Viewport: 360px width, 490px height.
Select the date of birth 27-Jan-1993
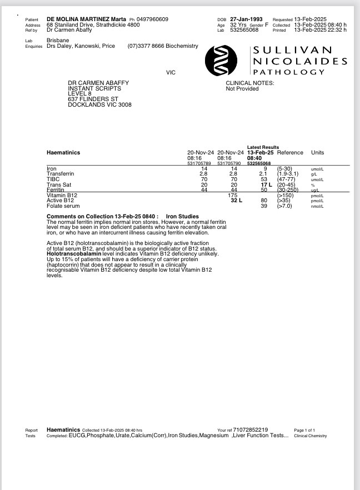click(246, 19)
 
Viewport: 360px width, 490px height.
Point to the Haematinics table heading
click(63, 153)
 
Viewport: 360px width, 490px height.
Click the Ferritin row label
click(56, 190)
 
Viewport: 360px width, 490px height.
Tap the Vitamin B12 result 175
click(233, 196)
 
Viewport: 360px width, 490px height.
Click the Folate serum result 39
click(264, 206)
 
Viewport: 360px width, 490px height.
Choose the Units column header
click(318, 153)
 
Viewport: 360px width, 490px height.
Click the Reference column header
click(290, 153)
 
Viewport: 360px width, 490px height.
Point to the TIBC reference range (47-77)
click(287, 179)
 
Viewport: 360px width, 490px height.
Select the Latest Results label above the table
click(263, 147)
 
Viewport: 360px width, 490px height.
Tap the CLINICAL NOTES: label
click(249, 83)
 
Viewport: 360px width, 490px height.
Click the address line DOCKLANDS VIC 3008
click(99, 104)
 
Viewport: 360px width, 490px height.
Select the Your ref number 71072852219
click(251, 429)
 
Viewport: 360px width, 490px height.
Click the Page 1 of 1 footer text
click(304, 430)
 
